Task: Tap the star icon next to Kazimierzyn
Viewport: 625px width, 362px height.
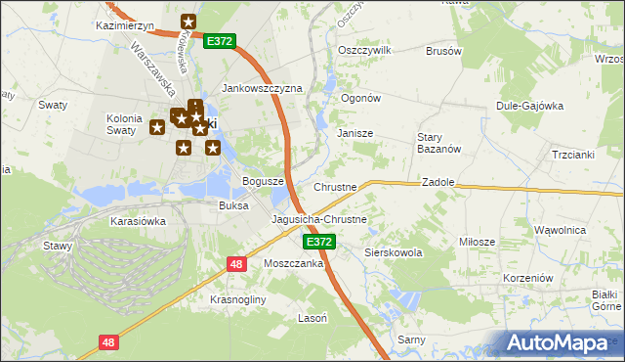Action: point(188,22)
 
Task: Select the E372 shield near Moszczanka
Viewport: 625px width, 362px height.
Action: point(318,242)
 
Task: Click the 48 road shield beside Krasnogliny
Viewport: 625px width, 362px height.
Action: point(236,264)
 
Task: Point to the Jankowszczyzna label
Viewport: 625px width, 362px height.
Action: point(263,88)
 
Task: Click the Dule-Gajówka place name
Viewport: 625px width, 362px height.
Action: point(530,106)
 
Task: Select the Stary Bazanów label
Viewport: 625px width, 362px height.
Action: point(431,143)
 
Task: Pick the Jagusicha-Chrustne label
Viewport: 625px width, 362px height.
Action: point(319,220)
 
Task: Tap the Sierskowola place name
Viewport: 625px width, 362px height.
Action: point(394,252)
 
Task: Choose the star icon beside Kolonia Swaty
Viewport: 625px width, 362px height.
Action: point(156,126)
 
